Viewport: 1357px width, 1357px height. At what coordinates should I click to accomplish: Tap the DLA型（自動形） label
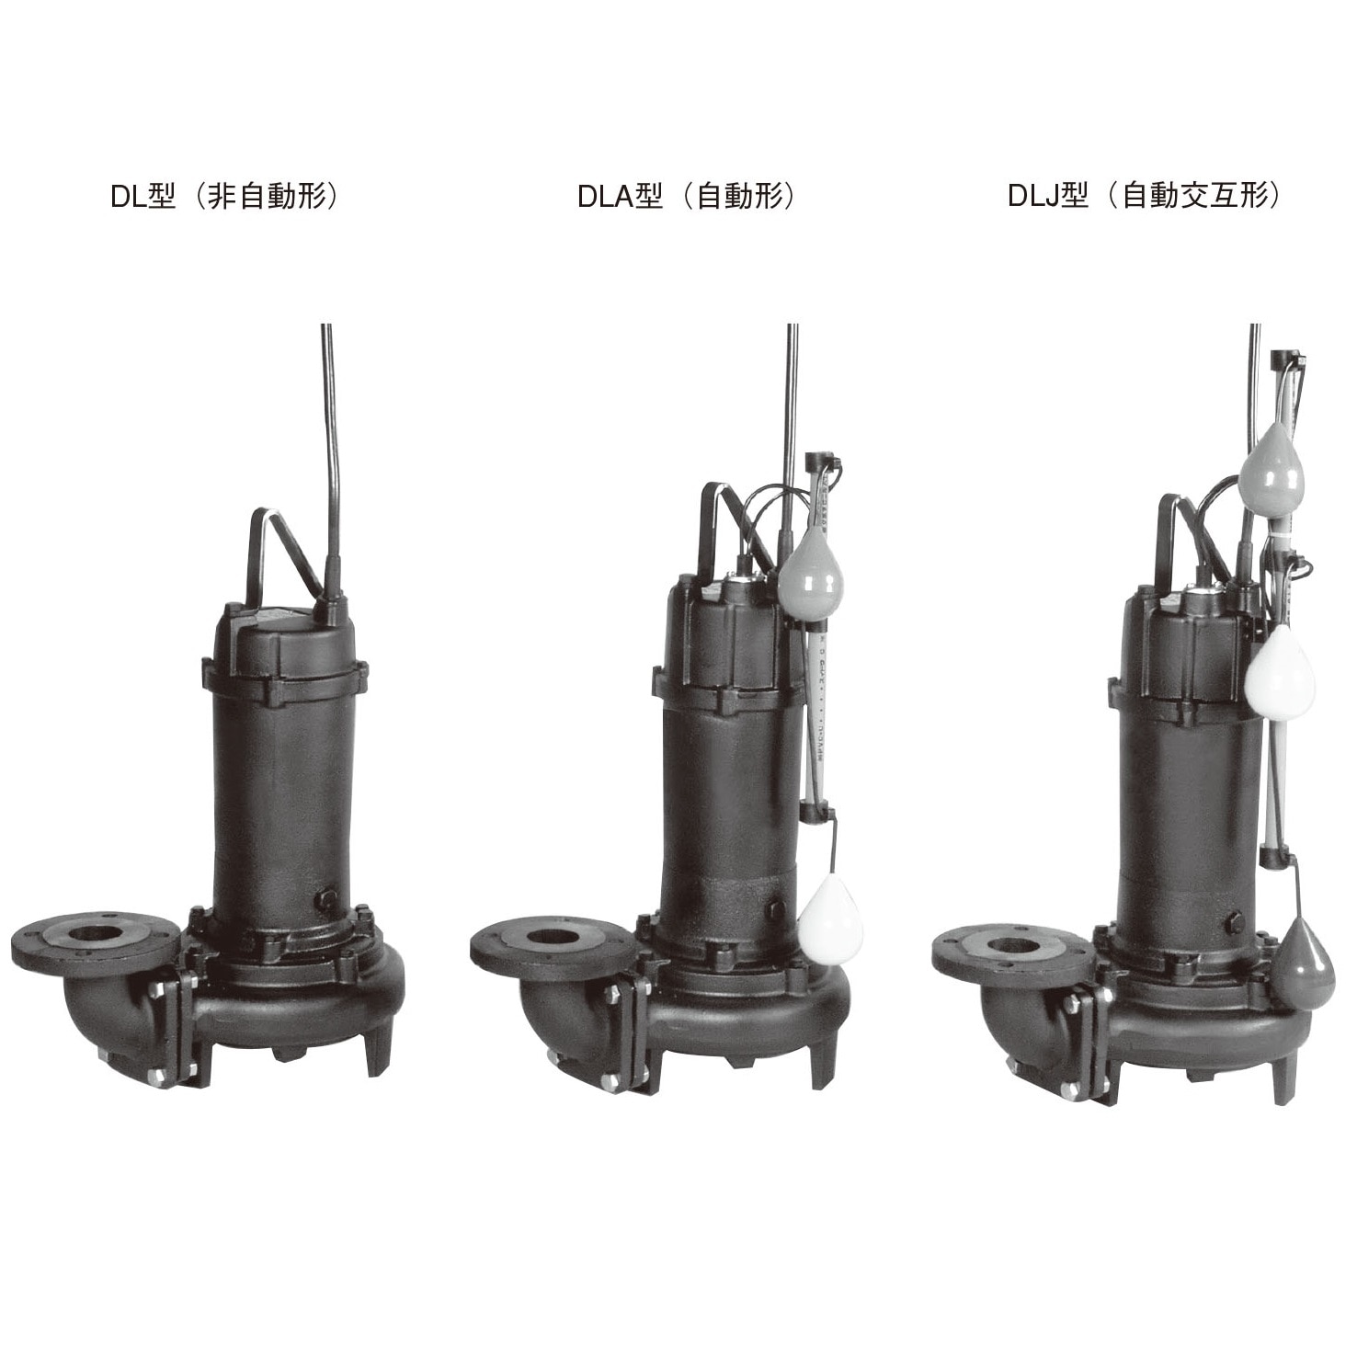(684, 197)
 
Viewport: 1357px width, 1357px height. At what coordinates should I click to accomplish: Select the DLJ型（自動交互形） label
(1143, 197)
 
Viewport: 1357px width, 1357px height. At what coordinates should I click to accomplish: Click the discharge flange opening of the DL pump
(94, 941)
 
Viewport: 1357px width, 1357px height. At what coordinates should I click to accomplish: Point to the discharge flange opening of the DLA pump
(553, 941)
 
